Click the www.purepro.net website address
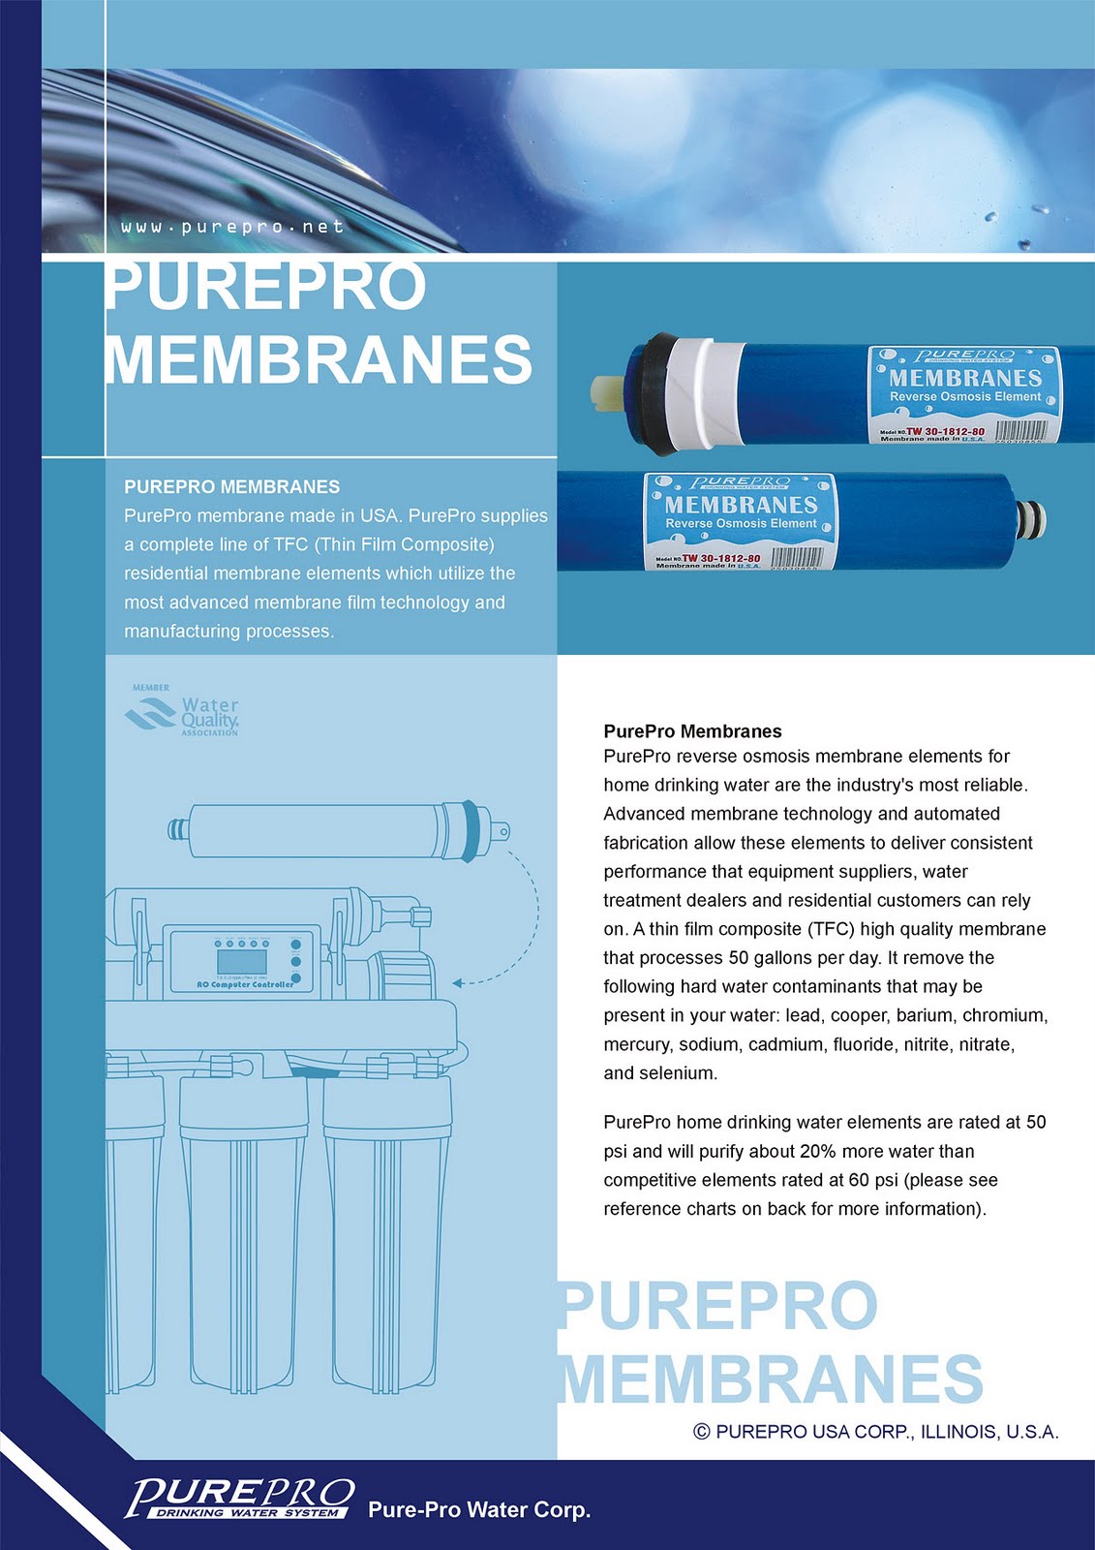(232, 227)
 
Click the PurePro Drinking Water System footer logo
(239, 1498)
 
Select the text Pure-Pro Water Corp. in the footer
(479, 1509)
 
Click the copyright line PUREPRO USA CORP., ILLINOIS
(876, 1431)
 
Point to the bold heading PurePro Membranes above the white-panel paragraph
(692, 731)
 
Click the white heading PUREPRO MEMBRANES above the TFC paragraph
(232, 486)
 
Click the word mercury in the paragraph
(636, 1044)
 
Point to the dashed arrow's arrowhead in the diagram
(458, 983)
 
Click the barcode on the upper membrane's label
(1020, 430)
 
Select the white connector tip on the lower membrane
(1032, 520)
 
